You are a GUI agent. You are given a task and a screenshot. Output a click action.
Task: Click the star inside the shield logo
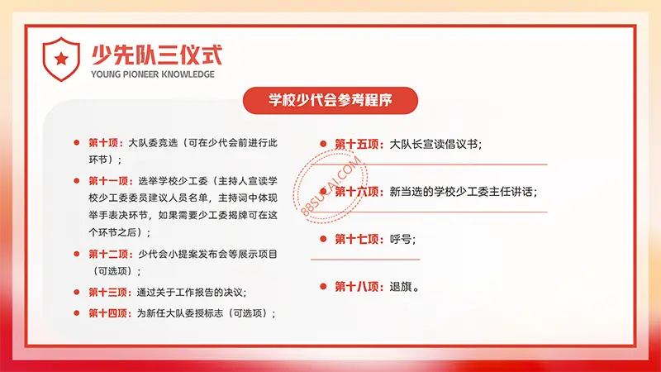(x=61, y=59)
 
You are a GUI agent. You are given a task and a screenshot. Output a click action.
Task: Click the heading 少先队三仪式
(x=157, y=55)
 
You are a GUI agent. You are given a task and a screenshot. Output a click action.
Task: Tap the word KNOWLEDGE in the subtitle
(x=188, y=74)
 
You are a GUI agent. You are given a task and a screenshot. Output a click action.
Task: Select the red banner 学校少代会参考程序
(x=330, y=100)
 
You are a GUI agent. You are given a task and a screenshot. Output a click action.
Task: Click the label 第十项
(x=103, y=143)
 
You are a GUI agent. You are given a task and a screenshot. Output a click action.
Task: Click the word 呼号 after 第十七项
(x=401, y=239)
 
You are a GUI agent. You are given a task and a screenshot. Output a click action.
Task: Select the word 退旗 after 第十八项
(x=401, y=287)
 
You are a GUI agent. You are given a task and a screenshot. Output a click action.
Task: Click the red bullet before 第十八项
(x=323, y=286)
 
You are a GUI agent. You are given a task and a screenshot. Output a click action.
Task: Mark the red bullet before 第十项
(x=77, y=142)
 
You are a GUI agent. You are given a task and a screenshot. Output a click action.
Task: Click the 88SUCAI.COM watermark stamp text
(x=331, y=186)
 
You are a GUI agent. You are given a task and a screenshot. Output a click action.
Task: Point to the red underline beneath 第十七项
(x=365, y=260)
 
